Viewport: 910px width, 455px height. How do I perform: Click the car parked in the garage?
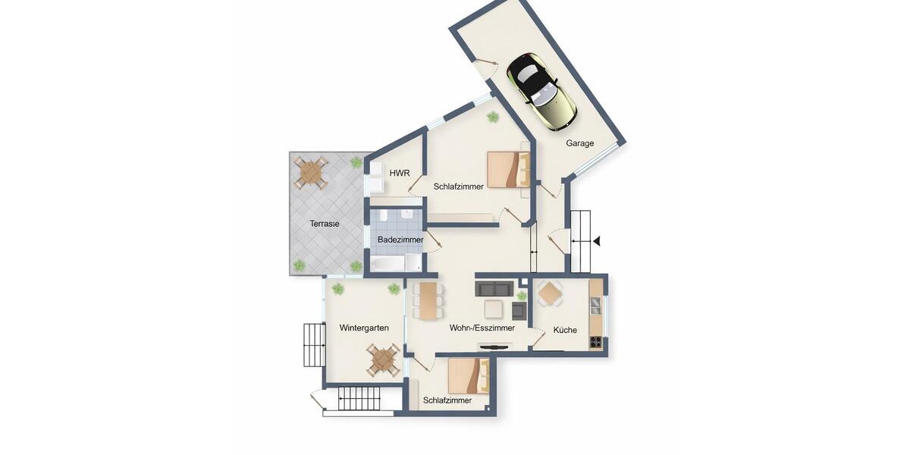click(541, 90)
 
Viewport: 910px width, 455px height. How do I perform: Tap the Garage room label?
click(579, 143)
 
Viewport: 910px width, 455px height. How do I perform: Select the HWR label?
click(400, 174)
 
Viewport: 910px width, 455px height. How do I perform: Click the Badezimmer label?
click(400, 240)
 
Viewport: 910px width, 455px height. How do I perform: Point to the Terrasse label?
click(324, 224)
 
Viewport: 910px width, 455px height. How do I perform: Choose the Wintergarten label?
click(364, 328)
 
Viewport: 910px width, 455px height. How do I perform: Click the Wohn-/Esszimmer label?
click(482, 328)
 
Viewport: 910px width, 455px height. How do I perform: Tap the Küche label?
click(565, 330)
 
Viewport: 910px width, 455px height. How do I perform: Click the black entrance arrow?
click(597, 241)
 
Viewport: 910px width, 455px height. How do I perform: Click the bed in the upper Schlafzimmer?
click(508, 169)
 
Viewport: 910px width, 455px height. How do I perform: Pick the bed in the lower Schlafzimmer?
click(469, 375)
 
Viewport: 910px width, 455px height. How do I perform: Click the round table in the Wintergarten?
click(383, 359)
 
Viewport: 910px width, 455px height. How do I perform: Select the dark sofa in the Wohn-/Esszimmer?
click(494, 289)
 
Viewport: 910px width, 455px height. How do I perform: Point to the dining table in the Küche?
click(550, 293)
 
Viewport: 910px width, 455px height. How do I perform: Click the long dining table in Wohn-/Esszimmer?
click(429, 300)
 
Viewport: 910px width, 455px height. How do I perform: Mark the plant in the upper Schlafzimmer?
click(493, 117)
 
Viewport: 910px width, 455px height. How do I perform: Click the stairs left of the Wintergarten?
click(314, 345)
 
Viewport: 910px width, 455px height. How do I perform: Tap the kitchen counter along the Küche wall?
click(596, 315)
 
